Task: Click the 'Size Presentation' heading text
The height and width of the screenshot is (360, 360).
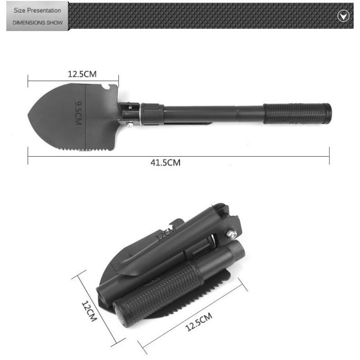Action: [x=37, y=10]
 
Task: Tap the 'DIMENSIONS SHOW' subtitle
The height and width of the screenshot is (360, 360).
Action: [x=38, y=23]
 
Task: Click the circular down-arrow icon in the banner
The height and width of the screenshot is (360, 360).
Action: [x=343, y=16]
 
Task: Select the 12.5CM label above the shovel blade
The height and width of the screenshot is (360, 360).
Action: [x=82, y=74]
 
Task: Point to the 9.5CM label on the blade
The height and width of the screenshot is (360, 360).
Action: [x=78, y=113]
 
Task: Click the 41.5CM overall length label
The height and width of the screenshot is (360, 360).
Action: [x=165, y=162]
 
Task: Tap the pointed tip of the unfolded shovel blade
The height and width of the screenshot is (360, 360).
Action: [x=28, y=114]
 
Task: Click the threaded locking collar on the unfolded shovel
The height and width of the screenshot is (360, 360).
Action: [x=152, y=114]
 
